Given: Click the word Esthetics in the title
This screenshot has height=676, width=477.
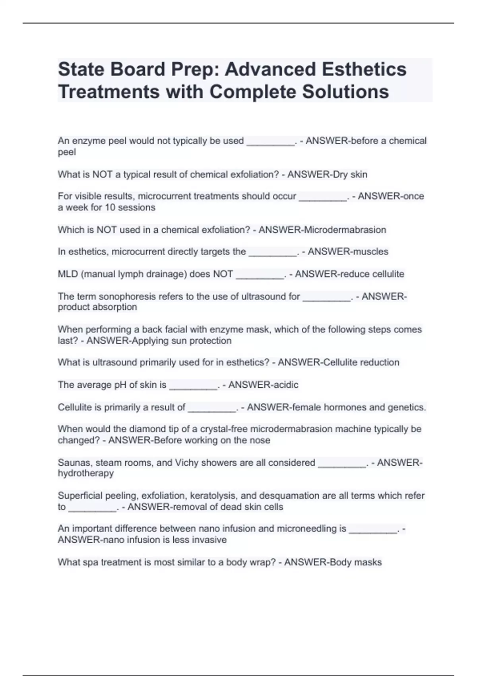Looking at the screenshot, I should pyautogui.click(x=364, y=69).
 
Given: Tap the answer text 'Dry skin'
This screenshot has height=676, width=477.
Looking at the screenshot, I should pyautogui.click(x=350, y=175).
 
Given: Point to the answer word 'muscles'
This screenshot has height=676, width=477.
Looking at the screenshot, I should pyautogui.click(x=367, y=252).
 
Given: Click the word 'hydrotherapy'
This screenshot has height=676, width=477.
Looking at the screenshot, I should pyautogui.click(x=86, y=474).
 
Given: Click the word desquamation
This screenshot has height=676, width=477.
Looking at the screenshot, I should pyautogui.click(x=285, y=496).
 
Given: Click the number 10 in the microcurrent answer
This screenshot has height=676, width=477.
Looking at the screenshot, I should pyautogui.click(x=105, y=208).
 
